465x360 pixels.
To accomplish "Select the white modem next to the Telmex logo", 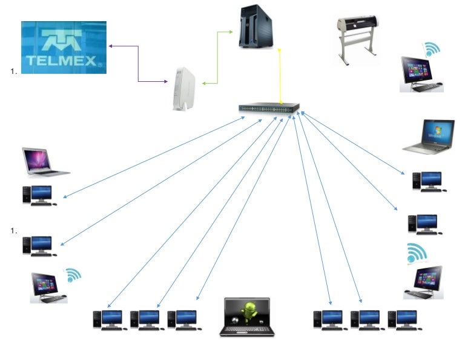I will [184, 88].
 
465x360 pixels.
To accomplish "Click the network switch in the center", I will [269, 108].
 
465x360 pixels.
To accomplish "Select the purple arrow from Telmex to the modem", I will [138, 63].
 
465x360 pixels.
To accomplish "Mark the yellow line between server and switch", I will [280, 76].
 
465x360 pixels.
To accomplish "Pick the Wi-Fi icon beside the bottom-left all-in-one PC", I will [73, 275].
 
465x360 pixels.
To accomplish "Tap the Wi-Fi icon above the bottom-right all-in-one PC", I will [417, 253].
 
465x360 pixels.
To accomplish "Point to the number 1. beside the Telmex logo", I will [13, 72].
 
